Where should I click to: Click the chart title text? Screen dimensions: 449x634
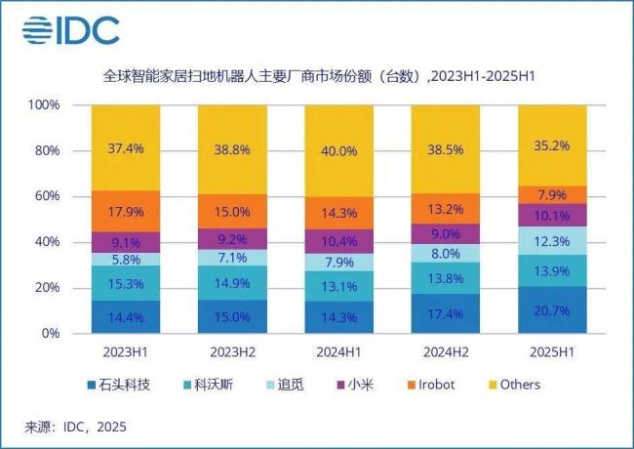321,75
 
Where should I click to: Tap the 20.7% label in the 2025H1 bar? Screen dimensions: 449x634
552,309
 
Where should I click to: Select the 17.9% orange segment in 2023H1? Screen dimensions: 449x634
126,212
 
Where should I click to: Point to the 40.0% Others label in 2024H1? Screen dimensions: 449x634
338,150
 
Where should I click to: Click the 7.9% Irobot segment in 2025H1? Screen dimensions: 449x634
552,194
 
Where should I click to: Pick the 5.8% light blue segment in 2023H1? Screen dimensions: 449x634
126,260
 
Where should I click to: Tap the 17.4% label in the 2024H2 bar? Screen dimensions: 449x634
446,313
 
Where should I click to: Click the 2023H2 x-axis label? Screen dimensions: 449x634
232,350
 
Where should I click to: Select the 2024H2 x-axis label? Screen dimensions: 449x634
446,350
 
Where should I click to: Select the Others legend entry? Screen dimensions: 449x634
512,385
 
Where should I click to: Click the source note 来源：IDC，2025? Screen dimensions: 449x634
76,427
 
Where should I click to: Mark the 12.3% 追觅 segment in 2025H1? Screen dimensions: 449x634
552,240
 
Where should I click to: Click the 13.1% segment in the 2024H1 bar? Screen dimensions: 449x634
338,285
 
